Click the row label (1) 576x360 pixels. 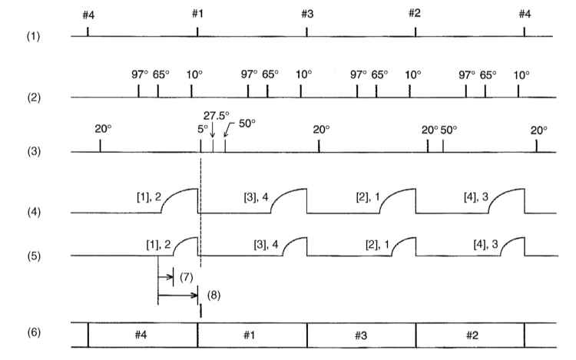click(33, 36)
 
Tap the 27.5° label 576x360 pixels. click(217, 116)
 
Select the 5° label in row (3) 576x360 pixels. click(203, 129)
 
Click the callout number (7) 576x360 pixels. click(187, 277)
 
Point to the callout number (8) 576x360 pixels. click(214, 296)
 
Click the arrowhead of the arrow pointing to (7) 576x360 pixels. click(170, 276)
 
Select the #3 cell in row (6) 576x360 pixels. click(361, 335)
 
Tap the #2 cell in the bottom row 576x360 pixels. click(472, 335)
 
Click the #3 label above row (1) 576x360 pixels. click(307, 14)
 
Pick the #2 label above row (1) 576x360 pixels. click(415, 13)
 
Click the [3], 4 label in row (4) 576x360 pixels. click(256, 197)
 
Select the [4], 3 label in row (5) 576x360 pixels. click(485, 244)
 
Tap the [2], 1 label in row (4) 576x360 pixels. click(368, 197)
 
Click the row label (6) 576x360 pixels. click(34, 332)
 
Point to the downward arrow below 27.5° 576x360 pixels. click(213, 130)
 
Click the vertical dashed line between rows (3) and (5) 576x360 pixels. click(201, 213)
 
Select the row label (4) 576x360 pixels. click(34, 212)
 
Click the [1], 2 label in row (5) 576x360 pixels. click(158, 244)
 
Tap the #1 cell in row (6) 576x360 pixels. click(249, 335)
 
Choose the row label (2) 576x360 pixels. click(34, 97)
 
